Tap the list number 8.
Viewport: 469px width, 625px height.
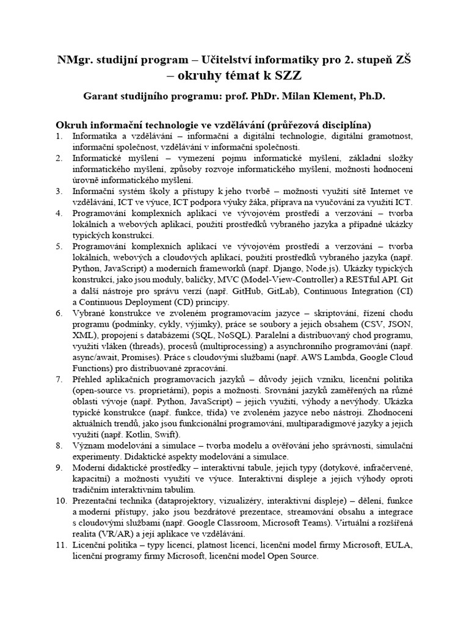pos(59,446)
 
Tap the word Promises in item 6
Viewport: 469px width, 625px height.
pos(144,358)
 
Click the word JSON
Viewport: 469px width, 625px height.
pos(399,325)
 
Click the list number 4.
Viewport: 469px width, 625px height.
pos(59,214)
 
